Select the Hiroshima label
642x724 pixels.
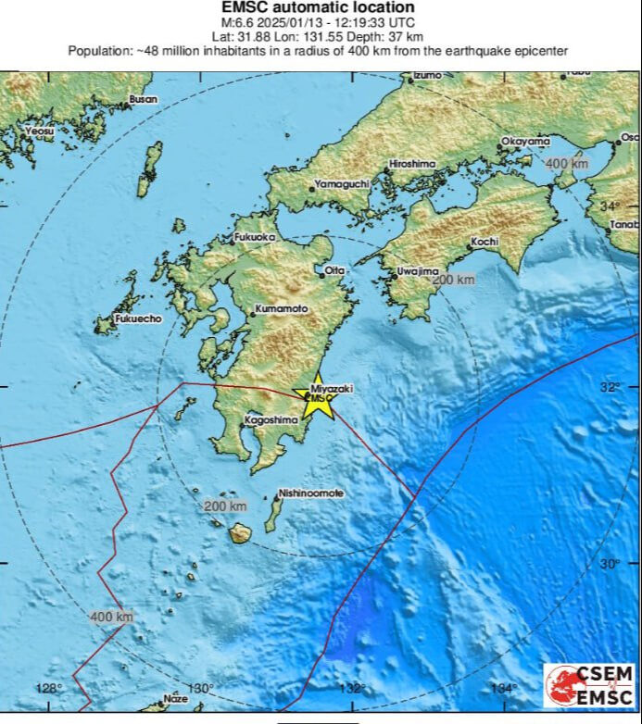pos(411,164)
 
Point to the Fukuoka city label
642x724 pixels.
pos(256,238)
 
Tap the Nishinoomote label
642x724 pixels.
pos(310,493)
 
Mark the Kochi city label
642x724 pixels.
pos(485,242)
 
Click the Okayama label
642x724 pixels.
pos(525,142)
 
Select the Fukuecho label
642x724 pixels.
pos(137,318)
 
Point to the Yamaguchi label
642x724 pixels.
pos(342,184)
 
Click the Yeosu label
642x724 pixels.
pos(39,131)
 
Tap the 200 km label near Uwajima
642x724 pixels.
pos(453,280)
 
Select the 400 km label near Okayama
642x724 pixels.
pos(566,164)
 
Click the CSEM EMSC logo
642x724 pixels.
pos(590,686)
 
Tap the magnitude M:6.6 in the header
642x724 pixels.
pos(234,22)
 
